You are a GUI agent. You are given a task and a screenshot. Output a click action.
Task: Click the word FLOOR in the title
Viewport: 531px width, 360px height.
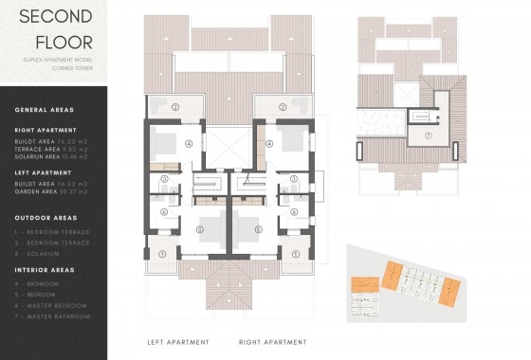coord(64,42)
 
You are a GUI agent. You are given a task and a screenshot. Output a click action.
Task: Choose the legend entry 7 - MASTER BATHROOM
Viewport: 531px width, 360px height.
coord(53,316)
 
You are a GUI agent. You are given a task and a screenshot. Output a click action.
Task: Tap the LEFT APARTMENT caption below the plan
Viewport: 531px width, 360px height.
coord(178,341)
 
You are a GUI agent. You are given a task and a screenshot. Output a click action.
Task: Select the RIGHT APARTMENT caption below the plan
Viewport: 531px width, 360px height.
coord(272,341)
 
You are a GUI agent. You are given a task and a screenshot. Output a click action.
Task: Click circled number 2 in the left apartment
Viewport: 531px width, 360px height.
coord(174,107)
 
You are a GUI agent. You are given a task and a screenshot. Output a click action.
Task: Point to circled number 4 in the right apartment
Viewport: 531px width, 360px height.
coord(269,143)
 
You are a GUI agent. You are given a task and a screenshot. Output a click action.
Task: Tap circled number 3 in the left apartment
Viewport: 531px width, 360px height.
coord(164,178)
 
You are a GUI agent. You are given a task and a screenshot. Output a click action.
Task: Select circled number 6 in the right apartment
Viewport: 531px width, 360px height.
coord(294,212)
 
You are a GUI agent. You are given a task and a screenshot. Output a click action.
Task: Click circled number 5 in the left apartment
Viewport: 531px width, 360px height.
coord(198,228)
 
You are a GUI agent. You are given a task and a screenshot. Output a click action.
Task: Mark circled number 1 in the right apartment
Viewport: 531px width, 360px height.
coord(296,253)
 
